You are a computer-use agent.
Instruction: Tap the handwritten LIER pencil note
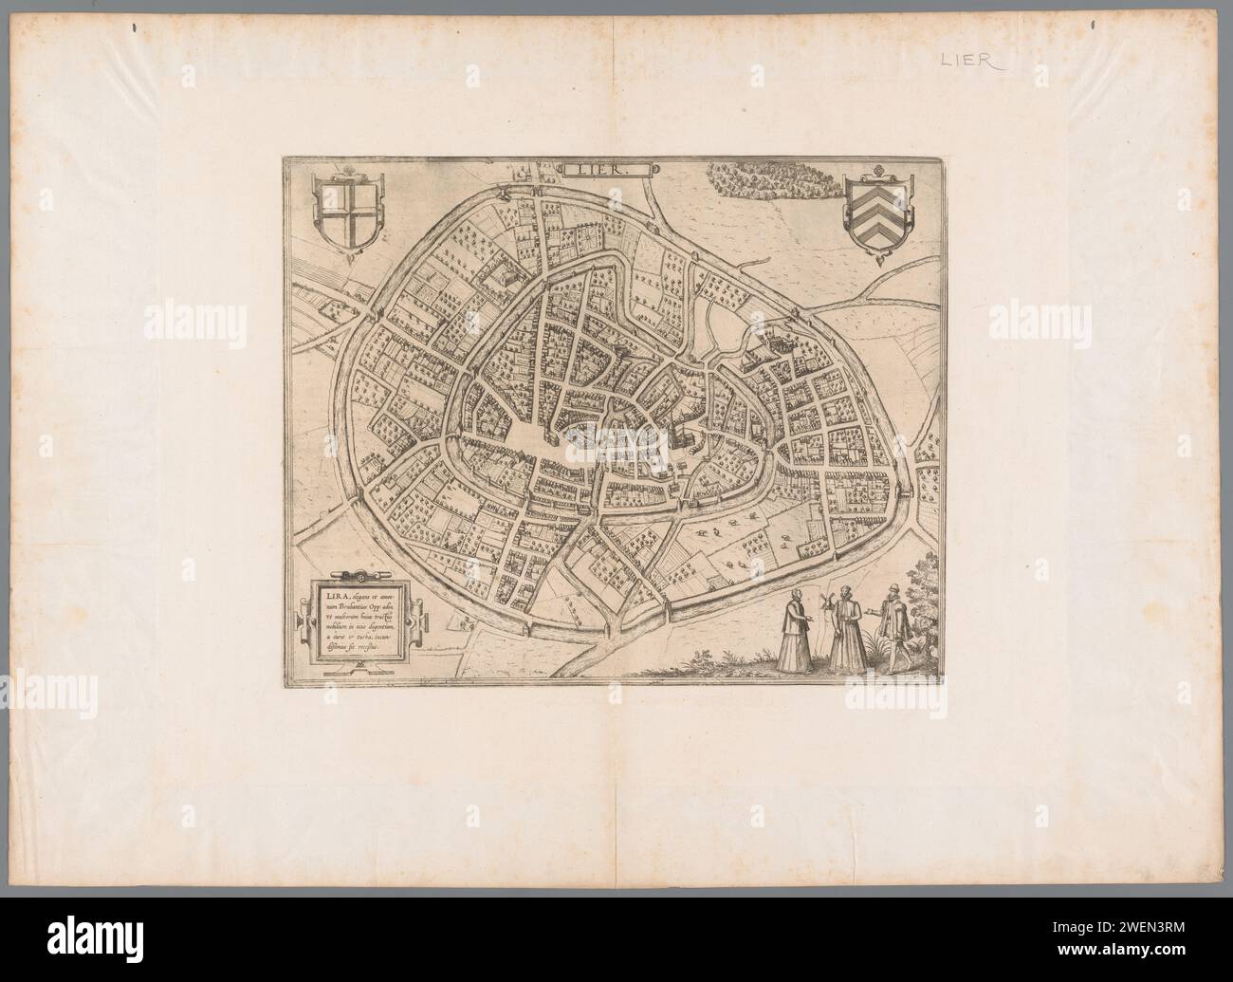(975, 61)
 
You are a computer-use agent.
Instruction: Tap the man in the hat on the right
(893, 628)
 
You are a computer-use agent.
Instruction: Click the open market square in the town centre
(531, 442)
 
